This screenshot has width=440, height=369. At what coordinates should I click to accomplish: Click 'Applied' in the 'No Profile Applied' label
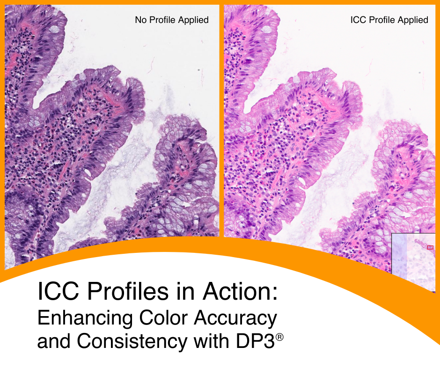pyautogui.click(x=193, y=20)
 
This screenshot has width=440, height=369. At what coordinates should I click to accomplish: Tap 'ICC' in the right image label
pyautogui.click(x=358, y=20)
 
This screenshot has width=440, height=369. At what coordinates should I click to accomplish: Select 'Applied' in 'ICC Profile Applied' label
pyautogui.click(x=412, y=20)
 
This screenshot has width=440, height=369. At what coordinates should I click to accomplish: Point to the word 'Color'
pyautogui.click(x=157, y=318)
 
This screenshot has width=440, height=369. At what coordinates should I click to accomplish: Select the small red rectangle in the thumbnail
pyautogui.click(x=430, y=247)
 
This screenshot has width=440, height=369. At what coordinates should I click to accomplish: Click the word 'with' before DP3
pyautogui.click(x=206, y=342)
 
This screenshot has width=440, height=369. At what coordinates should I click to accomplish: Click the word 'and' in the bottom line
pyautogui.click(x=54, y=342)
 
